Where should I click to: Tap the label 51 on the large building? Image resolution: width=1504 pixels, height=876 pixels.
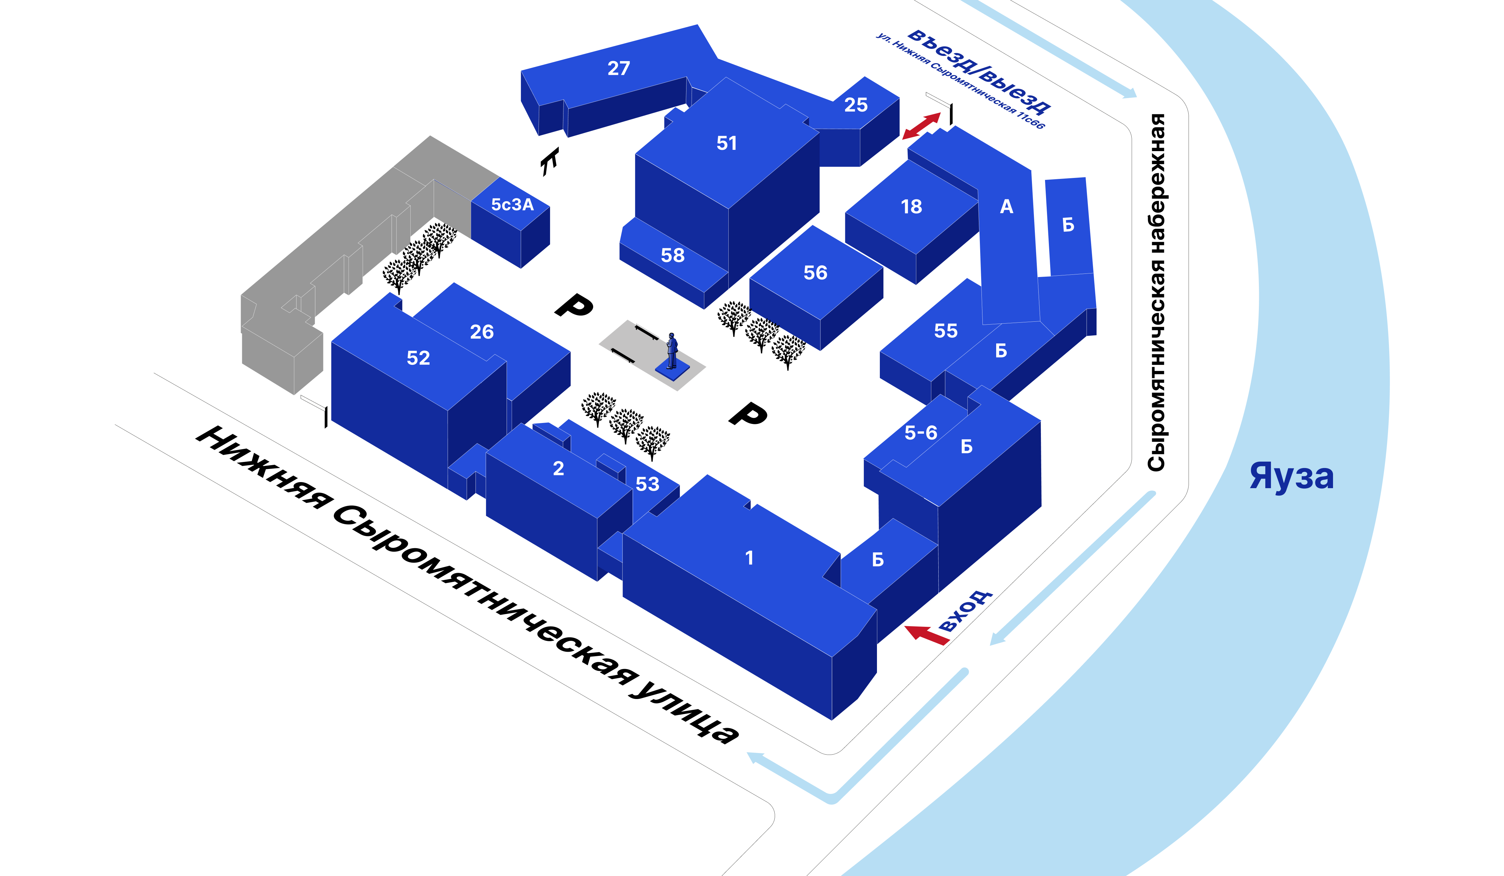click(727, 143)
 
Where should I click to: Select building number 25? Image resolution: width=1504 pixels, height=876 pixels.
click(856, 105)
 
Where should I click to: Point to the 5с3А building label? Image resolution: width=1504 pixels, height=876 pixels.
click(512, 205)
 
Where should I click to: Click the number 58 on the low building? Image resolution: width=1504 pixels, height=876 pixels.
click(673, 255)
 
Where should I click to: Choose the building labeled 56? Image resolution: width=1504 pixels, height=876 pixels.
click(815, 273)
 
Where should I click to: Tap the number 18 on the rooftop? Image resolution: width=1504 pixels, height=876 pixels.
click(911, 206)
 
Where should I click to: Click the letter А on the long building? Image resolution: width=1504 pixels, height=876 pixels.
click(1006, 206)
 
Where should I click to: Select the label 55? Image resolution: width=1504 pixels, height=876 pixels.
click(946, 331)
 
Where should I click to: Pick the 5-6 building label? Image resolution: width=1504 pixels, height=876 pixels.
click(921, 433)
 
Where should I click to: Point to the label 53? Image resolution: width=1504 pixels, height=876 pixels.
click(647, 484)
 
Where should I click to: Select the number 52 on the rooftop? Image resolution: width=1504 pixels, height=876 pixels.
click(418, 358)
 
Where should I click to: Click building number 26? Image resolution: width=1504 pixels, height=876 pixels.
click(482, 332)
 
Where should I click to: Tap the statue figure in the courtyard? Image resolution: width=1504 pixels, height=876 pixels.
click(672, 351)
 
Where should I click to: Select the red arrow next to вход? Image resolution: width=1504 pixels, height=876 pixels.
click(927, 635)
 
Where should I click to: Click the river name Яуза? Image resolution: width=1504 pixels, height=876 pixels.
click(1291, 476)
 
